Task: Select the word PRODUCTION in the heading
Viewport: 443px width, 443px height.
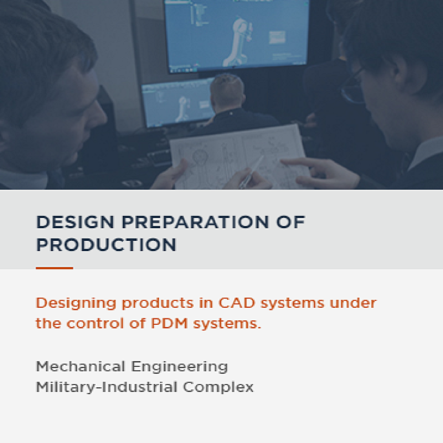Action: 106,245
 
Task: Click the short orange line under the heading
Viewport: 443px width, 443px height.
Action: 54,268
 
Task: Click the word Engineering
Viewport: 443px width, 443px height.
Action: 179,367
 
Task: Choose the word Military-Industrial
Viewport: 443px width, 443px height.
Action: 107,387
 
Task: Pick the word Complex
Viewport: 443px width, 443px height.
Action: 218,387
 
